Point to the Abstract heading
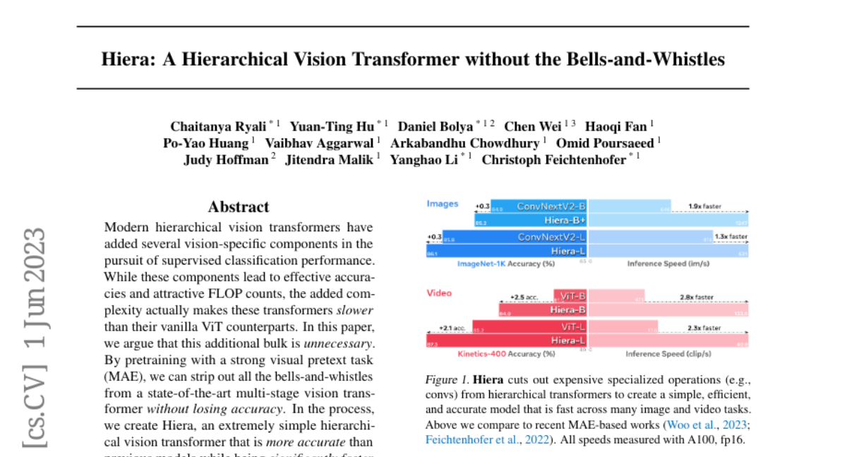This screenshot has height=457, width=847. click(x=239, y=207)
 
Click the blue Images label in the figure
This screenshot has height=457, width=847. click(x=443, y=205)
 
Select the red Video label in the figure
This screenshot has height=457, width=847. click(x=439, y=293)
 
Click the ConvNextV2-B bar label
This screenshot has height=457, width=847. click(x=551, y=207)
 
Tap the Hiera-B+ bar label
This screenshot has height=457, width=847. click(x=565, y=221)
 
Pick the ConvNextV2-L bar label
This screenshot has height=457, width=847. click(x=551, y=237)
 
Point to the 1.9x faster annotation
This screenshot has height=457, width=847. click(x=705, y=207)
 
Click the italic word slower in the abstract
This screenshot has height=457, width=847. click(x=354, y=310)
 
